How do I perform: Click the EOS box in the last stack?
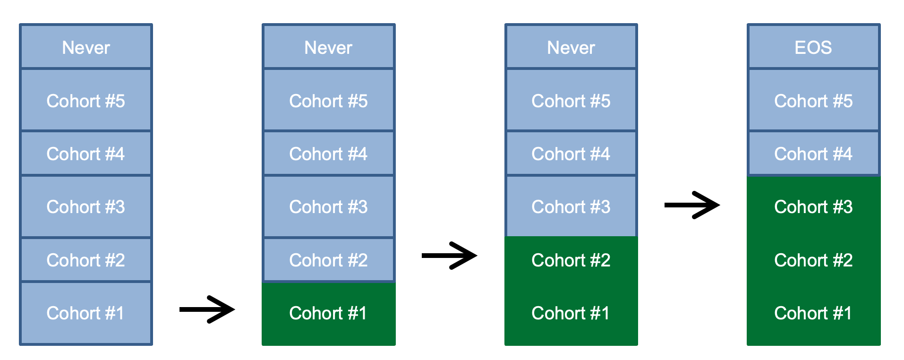pos(813,47)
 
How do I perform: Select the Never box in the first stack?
pos(86,47)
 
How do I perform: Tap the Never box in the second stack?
pos(328,47)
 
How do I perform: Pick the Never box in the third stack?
pos(571,47)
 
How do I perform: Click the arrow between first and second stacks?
pos(207,309)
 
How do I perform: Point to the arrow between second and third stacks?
pos(449,256)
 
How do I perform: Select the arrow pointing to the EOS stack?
pos(692,205)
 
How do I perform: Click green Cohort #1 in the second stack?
pos(328,313)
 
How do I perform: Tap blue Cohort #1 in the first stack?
pos(86,313)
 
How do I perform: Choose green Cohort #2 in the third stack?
pos(571,260)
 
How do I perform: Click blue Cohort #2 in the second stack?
pos(328,260)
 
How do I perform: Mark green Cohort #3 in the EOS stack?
pos(813,207)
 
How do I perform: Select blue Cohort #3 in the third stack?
pos(571,207)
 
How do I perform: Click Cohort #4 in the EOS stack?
pos(813,154)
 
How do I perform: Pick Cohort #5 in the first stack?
pos(86,101)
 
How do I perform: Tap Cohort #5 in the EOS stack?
pos(813,101)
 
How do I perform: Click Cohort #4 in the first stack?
pos(86,154)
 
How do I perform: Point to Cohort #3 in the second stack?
pos(328,207)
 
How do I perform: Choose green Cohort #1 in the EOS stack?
pos(813,313)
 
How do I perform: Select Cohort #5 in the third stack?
pos(571,101)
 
